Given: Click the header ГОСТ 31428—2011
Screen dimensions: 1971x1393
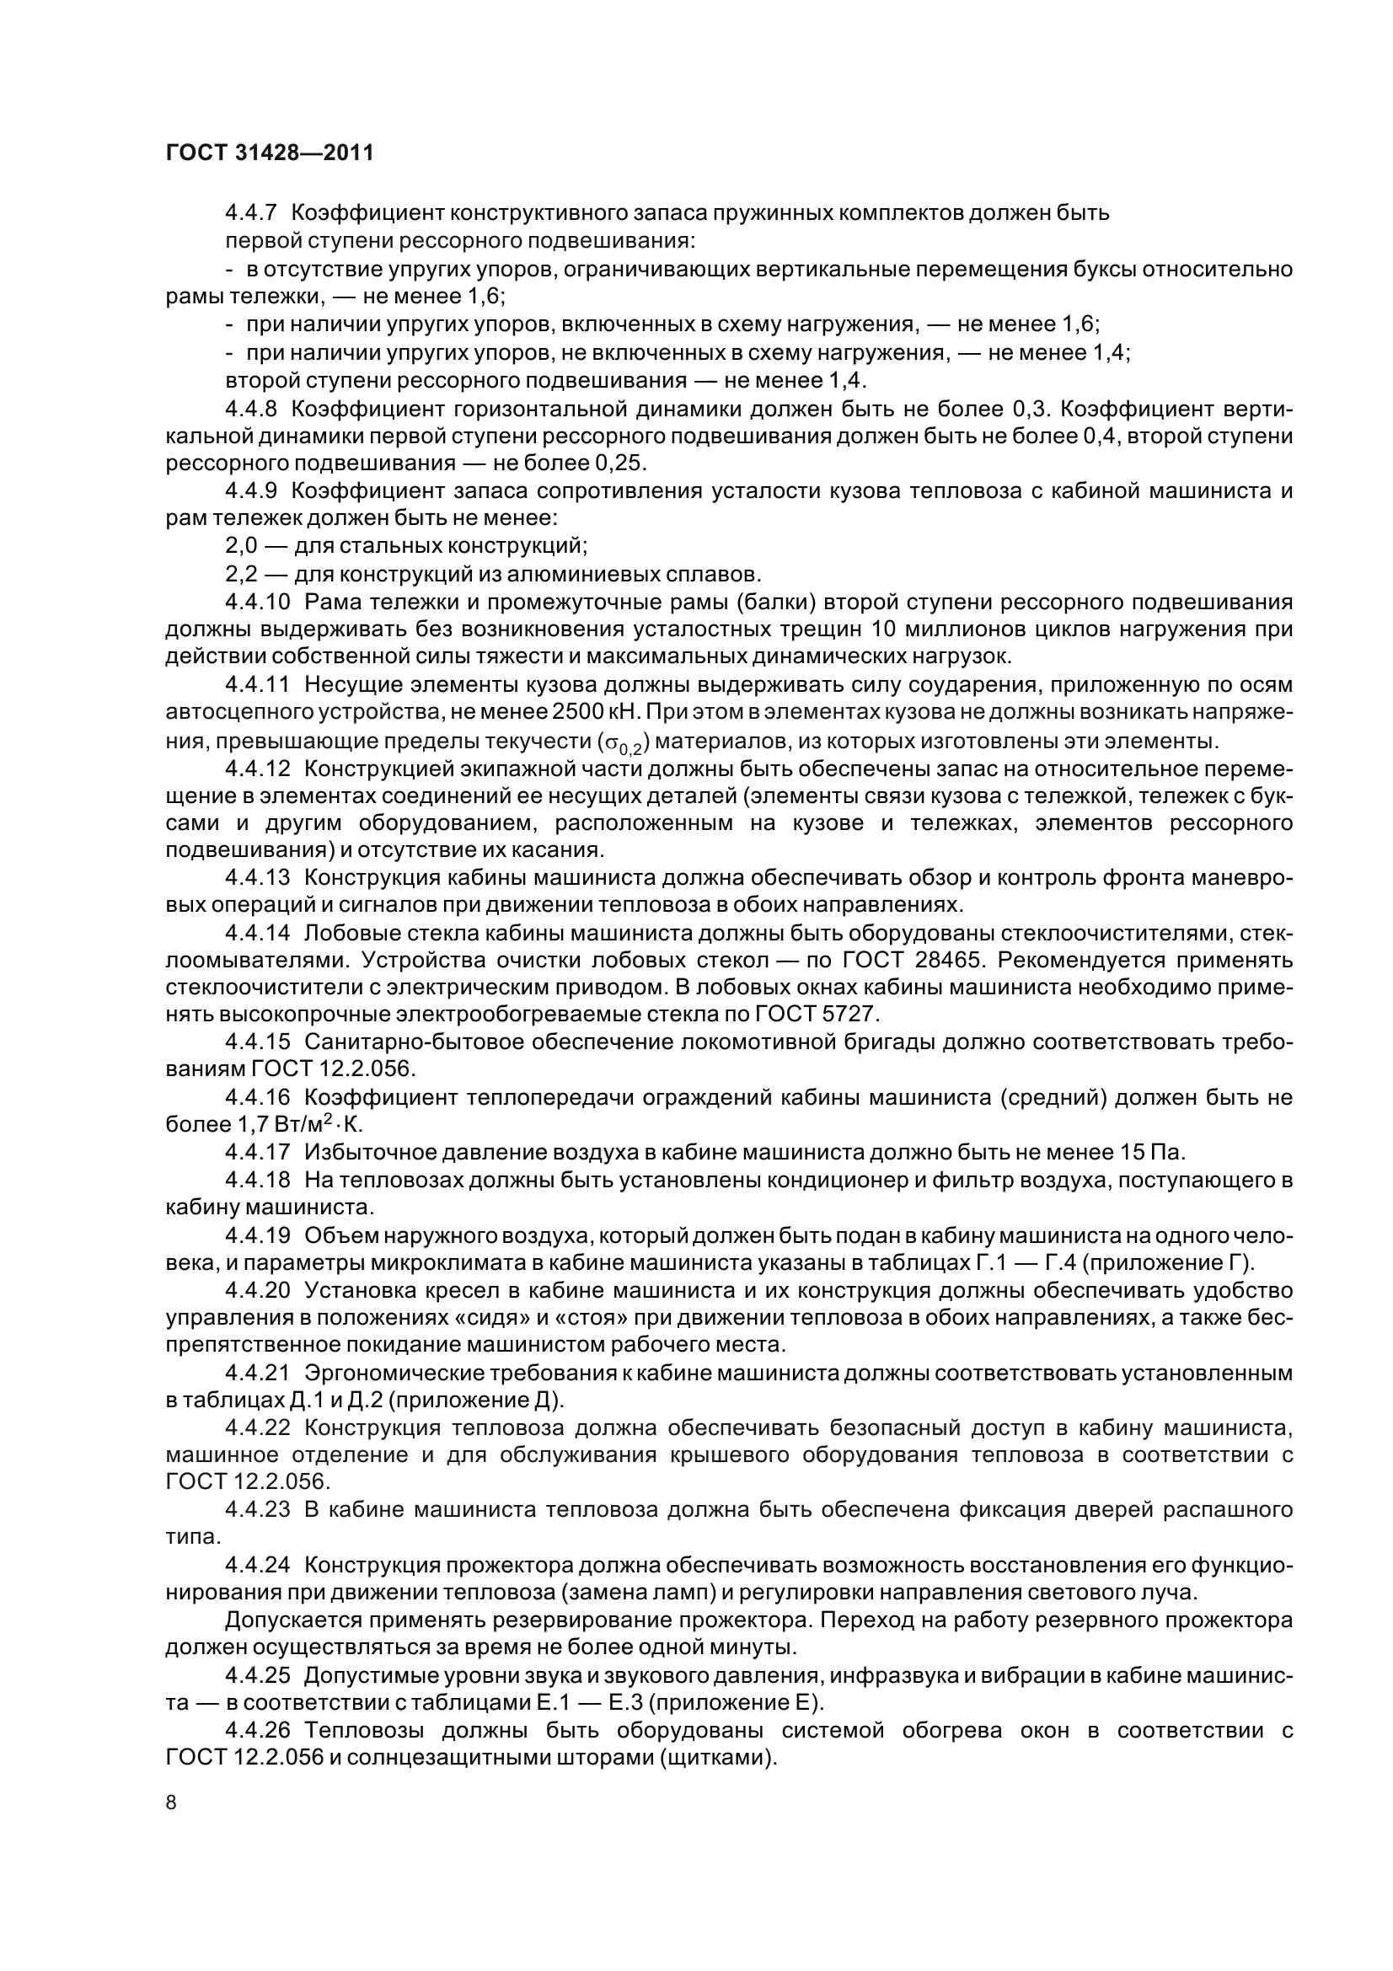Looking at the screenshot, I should point(270,153).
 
